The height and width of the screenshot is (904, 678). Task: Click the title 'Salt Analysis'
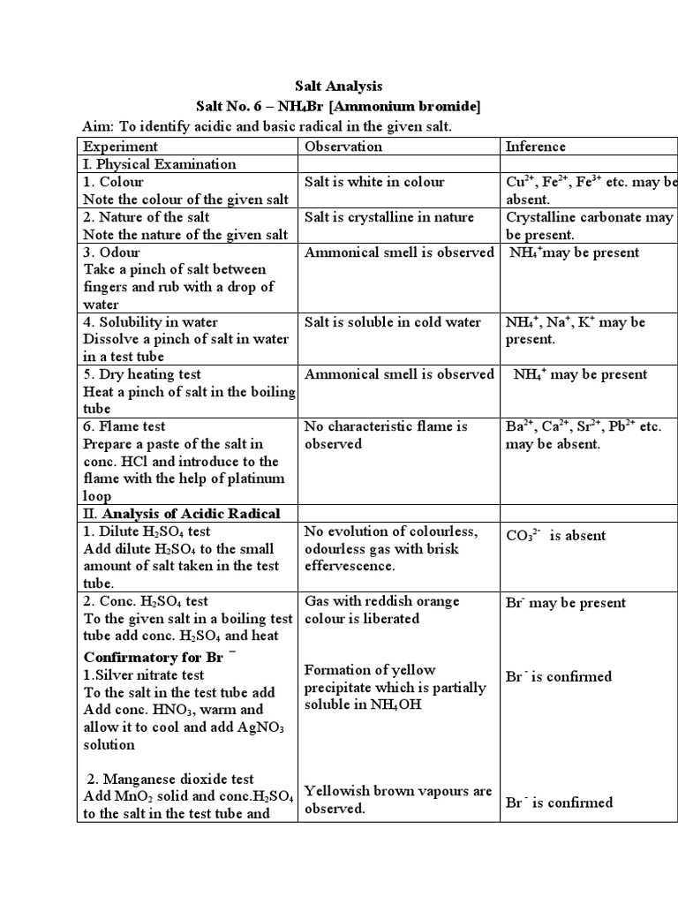(338, 86)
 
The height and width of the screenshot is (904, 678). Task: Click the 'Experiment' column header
(120, 147)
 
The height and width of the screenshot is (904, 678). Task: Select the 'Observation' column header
(343, 147)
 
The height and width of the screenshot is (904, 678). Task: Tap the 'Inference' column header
(535, 147)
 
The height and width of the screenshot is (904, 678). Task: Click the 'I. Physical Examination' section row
(160, 164)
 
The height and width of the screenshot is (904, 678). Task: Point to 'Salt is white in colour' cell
(374, 182)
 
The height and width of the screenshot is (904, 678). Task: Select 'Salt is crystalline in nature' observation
(389, 217)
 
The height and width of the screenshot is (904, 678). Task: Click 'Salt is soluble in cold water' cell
(393, 322)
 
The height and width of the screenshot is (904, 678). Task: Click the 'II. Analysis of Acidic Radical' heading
(182, 514)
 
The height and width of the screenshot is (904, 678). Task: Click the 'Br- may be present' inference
(566, 603)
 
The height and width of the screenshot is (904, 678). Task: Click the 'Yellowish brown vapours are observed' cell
(398, 800)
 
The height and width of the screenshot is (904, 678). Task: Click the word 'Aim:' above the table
(97, 126)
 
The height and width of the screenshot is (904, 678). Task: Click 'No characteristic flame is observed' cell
(386, 435)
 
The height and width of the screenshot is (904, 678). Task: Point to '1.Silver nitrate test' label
(144, 675)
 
